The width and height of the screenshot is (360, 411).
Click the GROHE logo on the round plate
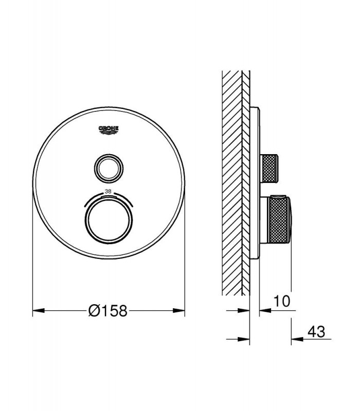click(x=109, y=130)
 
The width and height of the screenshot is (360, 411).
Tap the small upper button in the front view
click(x=109, y=168)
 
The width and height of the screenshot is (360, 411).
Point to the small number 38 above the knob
click(x=108, y=192)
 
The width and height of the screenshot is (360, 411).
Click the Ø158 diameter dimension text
click(x=108, y=311)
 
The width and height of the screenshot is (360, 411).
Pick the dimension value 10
click(x=282, y=301)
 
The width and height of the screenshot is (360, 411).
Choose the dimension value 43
click(x=316, y=331)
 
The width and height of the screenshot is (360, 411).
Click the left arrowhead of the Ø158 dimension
click(x=38, y=311)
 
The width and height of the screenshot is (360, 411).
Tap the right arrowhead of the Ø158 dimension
click(x=178, y=311)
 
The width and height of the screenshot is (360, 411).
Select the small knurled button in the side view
click(x=269, y=168)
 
